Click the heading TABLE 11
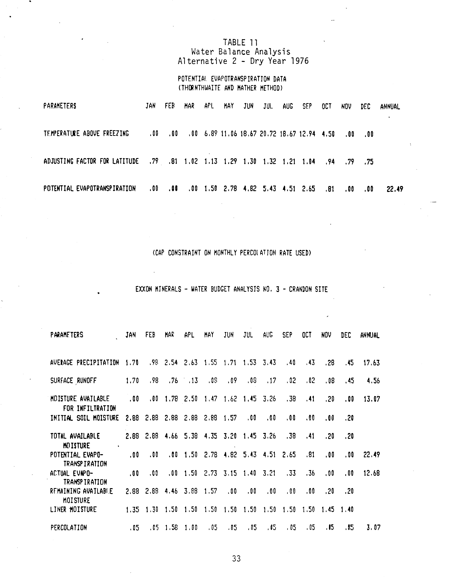click(240, 42)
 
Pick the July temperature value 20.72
click(268, 134)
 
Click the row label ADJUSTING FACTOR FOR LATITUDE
click(91, 161)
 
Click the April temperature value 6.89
click(211, 134)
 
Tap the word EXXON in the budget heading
click(144, 289)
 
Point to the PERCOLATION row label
click(69, 528)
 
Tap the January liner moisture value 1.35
click(132, 510)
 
